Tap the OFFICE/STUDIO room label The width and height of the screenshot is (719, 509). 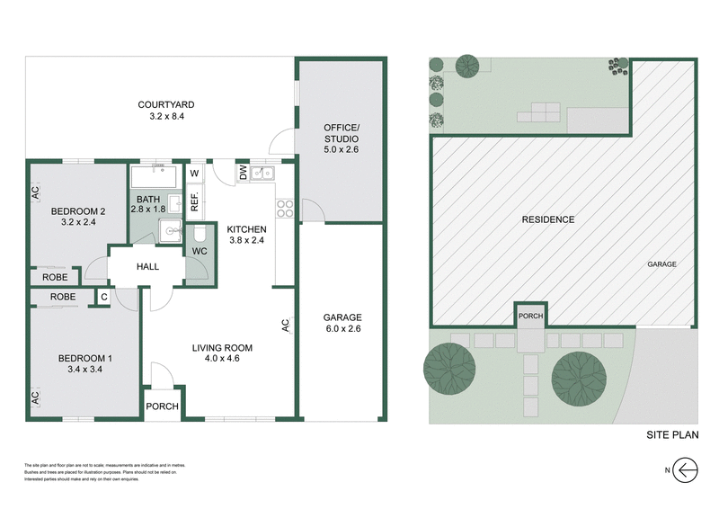coord(342,133)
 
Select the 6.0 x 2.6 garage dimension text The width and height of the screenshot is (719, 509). coord(342,330)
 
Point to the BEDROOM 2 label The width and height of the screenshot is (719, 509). coord(77,211)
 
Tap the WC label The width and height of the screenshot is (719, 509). coord(200,251)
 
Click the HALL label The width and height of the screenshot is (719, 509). coord(147,267)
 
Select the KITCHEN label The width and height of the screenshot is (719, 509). coord(246,228)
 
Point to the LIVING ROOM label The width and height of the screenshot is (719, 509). coord(222,347)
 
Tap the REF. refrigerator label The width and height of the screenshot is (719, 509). coord(194,201)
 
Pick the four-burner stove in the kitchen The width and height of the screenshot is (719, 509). coord(286,209)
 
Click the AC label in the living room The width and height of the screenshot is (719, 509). coord(285,326)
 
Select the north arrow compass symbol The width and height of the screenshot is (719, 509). coord(688,469)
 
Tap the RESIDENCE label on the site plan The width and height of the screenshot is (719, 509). coord(547,219)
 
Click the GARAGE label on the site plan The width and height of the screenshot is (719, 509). coord(661,264)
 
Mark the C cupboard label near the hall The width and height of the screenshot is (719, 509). coord(103,296)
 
